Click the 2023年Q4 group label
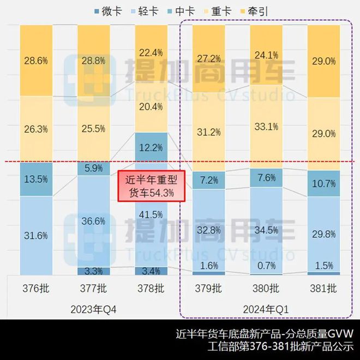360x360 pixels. pyautogui.click(x=94, y=309)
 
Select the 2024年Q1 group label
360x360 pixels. pyautogui.click(x=267, y=309)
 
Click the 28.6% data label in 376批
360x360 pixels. pyautogui.click(x=36, y=61)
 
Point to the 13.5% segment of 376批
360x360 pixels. pyautogui.click(x=36, y=179)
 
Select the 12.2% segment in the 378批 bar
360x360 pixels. pyautogui.click(x=151, y=147)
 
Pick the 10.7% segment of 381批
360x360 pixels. pyautogui.click(x=324, y=183)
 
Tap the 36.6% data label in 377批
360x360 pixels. pyautogui.click(x=94, y=221)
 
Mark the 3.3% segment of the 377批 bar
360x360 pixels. pyautogui.click(x=94, y=271)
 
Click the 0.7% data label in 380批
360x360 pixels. pyautogui.click(x=267, y=265)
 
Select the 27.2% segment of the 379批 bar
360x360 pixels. pyautogui.click(x=209, y=58)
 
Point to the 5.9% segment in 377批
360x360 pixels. pyautogui.click(x=94, y=169)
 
